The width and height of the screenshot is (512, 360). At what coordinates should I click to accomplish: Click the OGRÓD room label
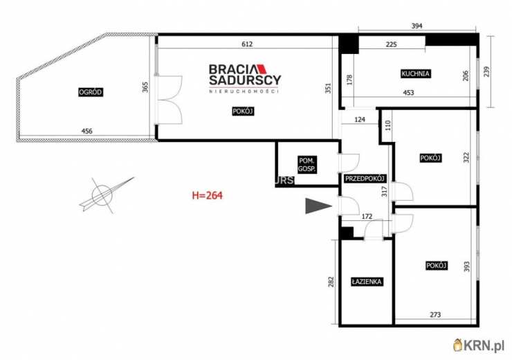(x=91, y=92)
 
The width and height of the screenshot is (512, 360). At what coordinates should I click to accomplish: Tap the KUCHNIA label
(x=416, y=73)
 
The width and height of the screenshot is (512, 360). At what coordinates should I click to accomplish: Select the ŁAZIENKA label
(x=367, y=282)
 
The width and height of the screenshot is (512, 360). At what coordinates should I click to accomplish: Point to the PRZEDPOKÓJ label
(x=366, y=179)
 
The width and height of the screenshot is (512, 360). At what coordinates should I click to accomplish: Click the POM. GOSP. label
(x=307, y=165)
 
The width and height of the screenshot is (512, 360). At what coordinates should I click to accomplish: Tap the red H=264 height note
(x=208, y=195)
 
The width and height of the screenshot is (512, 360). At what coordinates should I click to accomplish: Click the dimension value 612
(x=247, y=44)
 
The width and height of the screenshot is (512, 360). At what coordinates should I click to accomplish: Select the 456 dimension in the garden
(x=87, y=131)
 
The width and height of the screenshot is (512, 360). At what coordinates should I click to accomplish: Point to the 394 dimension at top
(x=417, y=26)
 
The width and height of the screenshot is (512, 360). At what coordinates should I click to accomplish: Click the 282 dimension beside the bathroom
(x=331, y=282)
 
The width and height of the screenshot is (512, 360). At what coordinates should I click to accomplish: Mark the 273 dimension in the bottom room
(x=435, y=314)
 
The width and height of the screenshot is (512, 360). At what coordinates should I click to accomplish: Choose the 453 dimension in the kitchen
(x=408, y=93)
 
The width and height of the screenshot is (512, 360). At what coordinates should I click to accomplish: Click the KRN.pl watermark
(x=479, y=345)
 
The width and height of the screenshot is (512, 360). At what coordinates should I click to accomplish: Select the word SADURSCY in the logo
(x=245, y=80)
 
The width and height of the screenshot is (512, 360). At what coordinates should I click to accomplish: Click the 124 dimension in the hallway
(x=360, y=120)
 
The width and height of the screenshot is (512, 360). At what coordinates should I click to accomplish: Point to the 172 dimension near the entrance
(x=367, y=216)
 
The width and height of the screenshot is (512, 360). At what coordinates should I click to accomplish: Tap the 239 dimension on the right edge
(x=486, y=71)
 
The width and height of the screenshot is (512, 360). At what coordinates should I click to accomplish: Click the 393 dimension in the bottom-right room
(x=467, y=267)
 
